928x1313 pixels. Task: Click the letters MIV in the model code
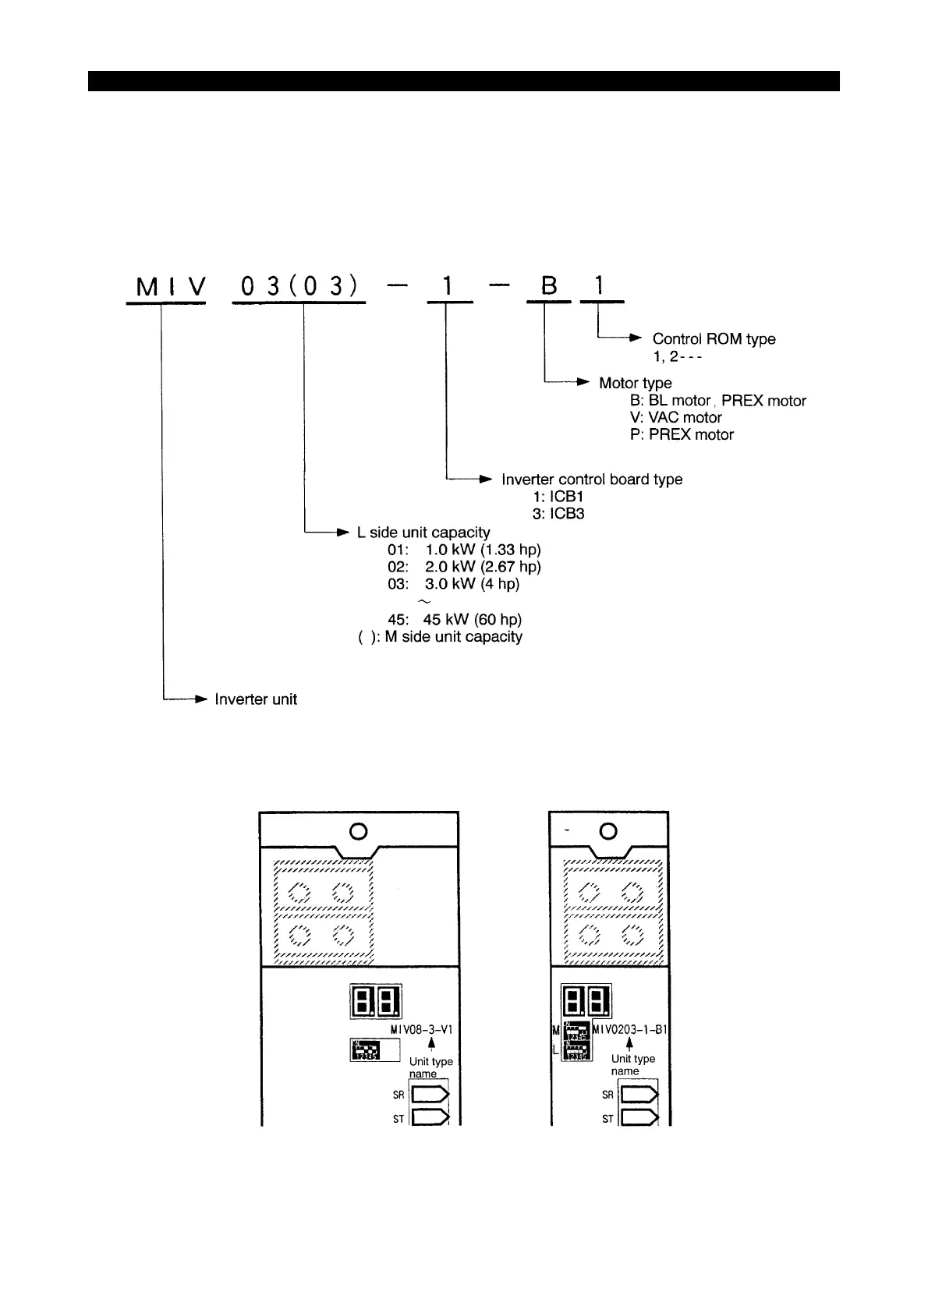point(170,288)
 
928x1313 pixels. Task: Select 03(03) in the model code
point(299,288)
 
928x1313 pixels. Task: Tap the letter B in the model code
point(550,287)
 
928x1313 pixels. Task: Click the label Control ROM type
point(714,339)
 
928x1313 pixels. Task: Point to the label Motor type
point(635,383)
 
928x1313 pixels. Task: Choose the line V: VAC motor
point(675,418)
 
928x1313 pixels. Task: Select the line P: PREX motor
point(682,435)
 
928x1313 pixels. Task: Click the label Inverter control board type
point(592,480)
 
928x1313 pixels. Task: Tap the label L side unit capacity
point(423,533)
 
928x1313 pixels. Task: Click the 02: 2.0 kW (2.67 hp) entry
point(464,567)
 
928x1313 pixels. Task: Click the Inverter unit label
point(256,699)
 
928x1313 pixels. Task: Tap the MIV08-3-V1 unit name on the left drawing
point(420,1030)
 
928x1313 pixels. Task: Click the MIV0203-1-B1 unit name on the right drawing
point(629,1029)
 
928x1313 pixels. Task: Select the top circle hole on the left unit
point(359,831)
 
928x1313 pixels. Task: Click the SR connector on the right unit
point(639,1095)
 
